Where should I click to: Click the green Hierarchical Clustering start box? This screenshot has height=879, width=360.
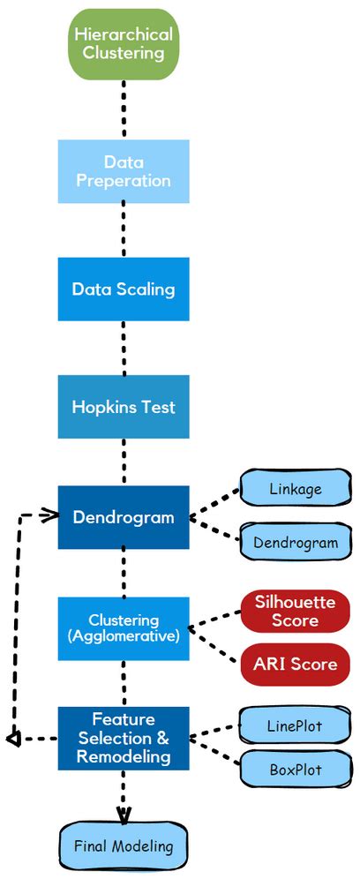[124, 43]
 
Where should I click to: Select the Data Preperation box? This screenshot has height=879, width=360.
[124, 171]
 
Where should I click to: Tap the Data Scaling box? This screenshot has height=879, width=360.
[124, 289]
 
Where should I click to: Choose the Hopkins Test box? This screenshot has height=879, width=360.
[124, 407]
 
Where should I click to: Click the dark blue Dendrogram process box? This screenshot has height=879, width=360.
[124, 517]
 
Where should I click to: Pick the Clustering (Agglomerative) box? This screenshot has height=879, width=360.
[124, 627]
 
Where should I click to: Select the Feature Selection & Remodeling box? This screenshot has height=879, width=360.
[124, 737]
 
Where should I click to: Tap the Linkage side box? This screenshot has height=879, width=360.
[295, 488]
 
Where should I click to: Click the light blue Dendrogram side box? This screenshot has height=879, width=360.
[295, 543]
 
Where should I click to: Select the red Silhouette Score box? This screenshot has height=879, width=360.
[295, 611]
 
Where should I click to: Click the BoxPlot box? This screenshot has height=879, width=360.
[295, 770]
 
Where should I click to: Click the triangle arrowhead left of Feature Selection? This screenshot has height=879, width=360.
[12, 738]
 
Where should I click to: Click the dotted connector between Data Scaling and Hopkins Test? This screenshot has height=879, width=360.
[124, 348]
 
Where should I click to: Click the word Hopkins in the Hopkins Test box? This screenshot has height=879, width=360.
[102, 407]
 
